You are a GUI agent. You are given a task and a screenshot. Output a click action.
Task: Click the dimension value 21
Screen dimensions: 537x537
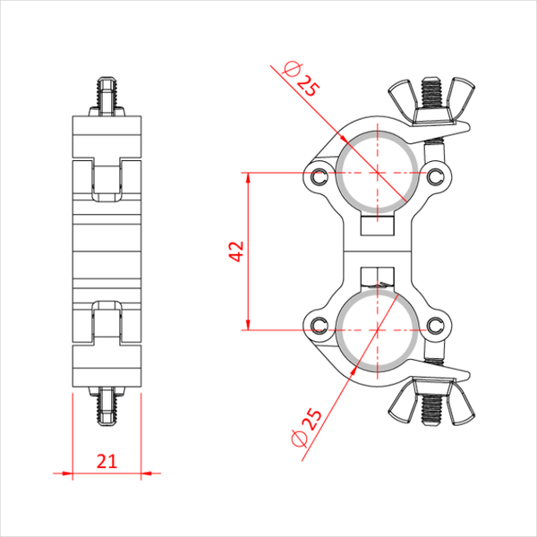(x=107, y=461)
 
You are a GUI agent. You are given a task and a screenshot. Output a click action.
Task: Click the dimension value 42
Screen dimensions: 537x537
(x=236, y=251)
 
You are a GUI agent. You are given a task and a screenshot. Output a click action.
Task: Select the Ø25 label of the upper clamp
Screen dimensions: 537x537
(x=302, y=79)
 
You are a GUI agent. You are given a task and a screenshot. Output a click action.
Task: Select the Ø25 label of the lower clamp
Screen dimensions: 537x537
(x=306, y=428)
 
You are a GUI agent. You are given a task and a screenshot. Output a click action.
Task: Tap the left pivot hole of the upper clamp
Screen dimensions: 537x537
(x=319, y=176)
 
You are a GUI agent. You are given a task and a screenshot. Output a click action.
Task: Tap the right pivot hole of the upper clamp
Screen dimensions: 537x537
(x=435, y=176)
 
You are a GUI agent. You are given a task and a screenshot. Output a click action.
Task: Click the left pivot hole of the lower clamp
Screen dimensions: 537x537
(x=319, y=325)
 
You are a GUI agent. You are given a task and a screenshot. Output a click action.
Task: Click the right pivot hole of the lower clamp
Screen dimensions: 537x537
(x=435, y=325)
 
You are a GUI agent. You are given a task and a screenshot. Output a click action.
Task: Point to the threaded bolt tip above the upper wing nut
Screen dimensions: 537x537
(x=431, y=92)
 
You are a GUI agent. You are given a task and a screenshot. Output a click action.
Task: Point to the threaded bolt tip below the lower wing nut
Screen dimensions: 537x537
(x=431, y=410)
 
